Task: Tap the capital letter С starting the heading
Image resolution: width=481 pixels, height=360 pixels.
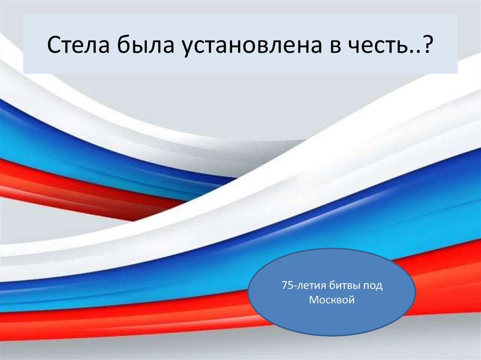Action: (54, 46)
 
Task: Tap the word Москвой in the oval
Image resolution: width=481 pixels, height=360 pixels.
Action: (331, 299)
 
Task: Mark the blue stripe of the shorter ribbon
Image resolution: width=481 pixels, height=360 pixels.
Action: (70, 141)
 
